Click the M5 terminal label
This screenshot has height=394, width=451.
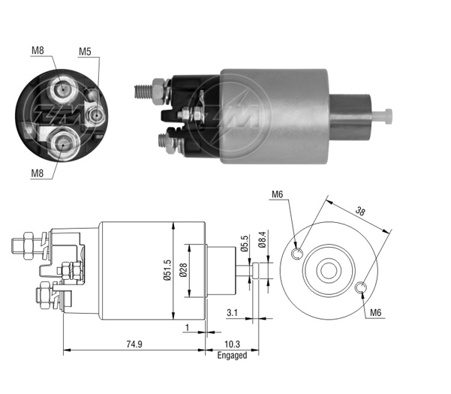[85, 52]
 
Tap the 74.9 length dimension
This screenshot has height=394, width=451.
[134, 344]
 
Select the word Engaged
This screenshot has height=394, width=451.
[232, 356]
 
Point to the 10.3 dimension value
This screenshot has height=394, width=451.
[232, 344]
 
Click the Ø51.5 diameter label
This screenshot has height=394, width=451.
[167, 269]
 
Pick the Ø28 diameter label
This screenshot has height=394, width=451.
[183, 270]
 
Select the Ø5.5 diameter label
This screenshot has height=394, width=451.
[245, 243]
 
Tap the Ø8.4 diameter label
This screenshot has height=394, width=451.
[262, 239]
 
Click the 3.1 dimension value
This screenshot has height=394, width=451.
[232, 312]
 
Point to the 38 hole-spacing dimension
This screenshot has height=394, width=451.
[359, 212]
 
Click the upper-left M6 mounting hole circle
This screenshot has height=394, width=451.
[297, 254]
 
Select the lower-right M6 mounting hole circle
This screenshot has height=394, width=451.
[360, 288]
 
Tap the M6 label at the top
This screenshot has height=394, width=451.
[277, 194]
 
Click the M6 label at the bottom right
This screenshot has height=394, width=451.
[376, 312]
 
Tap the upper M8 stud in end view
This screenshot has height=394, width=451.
[62, 89]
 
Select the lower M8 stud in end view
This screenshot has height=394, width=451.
[63, 145]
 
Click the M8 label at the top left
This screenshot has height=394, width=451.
[38, 50]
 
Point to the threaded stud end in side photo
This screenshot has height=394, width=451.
[143, 92]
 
